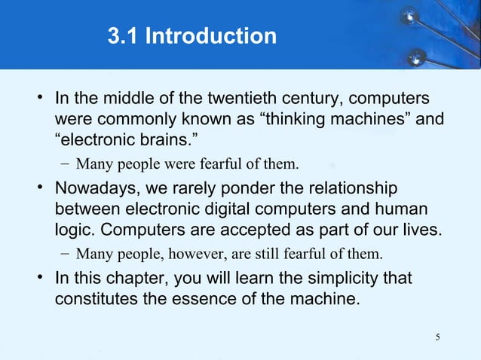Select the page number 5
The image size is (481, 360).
coord(438,336)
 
